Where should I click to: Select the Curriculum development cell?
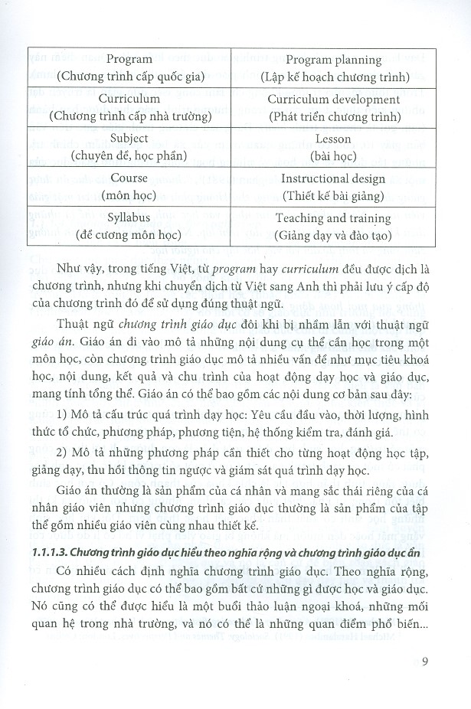(334, 108)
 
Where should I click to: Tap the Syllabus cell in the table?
(129, 227)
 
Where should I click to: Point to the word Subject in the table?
(129, 139)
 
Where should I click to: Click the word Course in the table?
(129, 178)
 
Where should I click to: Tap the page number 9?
(427, 662)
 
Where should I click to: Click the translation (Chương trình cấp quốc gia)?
(129, 77)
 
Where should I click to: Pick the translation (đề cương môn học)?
(129, 235)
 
